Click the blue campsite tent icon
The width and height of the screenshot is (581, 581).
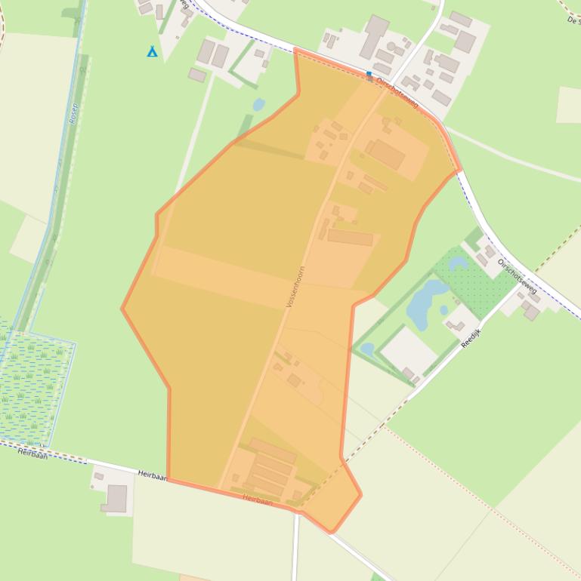152,51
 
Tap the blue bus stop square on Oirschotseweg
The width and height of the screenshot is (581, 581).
369,75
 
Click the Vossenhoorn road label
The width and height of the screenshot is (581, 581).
295,286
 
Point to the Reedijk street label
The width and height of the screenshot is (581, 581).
471,334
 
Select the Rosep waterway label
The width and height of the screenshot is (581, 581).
74,112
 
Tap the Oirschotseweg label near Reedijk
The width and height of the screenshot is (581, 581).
518,276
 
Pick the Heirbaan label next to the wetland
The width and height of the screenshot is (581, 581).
32,453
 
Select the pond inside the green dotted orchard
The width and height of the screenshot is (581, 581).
458,263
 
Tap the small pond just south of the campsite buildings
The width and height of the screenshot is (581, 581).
258,104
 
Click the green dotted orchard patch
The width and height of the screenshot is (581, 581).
476,279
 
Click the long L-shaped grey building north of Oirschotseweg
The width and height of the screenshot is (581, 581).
373,36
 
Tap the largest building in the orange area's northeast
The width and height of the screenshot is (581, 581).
386,154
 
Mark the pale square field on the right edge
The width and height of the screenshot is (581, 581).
568,105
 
